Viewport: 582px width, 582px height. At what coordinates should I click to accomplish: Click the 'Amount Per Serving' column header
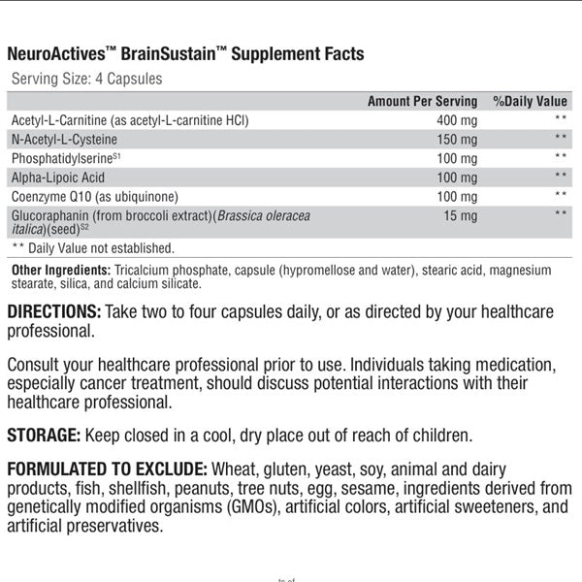[422, 101]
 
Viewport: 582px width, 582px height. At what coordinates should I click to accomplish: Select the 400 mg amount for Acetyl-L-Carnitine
[457, 120]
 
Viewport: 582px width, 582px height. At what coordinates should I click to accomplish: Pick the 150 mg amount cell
[457, 140]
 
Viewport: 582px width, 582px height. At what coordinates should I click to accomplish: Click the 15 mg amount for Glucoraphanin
[461, 216]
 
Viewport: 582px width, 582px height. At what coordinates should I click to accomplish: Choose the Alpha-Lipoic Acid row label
[57, 178]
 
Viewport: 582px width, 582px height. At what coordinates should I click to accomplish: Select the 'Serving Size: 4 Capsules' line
[86, 79]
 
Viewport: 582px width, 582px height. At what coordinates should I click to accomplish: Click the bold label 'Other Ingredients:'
[59, 269]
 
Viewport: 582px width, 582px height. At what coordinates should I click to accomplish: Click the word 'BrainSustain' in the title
[172, 54]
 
